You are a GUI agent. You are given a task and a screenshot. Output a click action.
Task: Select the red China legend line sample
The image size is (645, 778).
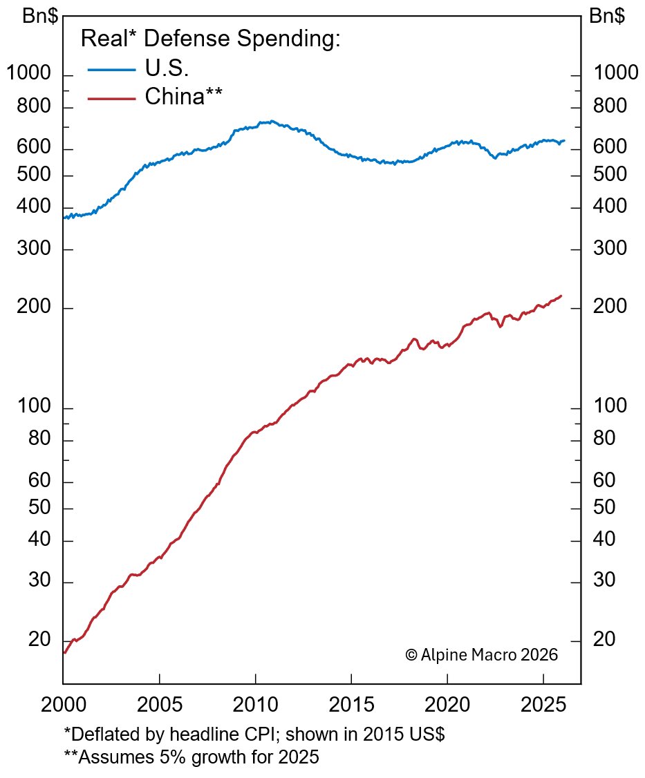point(112,98)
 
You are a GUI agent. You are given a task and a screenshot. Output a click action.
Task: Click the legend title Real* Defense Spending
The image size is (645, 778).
point(211,39)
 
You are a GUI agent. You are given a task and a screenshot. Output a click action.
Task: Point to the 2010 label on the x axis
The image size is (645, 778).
point(256,707)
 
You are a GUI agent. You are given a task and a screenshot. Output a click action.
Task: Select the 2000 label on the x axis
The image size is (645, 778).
point(64,707)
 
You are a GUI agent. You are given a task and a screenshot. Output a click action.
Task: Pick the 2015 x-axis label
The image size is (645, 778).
point(351,707)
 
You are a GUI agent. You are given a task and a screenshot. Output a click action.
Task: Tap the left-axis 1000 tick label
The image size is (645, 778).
point(29,73)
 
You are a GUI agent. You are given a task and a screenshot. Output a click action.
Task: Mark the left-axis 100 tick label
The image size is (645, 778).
point(34,407)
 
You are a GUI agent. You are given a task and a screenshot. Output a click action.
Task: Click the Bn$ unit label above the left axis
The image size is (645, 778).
point(40,17)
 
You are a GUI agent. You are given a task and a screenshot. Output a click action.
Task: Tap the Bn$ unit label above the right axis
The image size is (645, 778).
point(607,17)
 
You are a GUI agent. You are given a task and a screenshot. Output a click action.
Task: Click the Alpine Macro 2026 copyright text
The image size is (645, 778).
point(481,654)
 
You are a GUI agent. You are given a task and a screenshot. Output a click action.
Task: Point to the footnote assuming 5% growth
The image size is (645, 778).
point(191,757)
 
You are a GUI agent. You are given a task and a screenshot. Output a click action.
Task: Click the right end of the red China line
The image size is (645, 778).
point(561,296)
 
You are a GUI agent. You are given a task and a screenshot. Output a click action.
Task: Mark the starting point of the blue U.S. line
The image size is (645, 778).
point(64,218)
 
